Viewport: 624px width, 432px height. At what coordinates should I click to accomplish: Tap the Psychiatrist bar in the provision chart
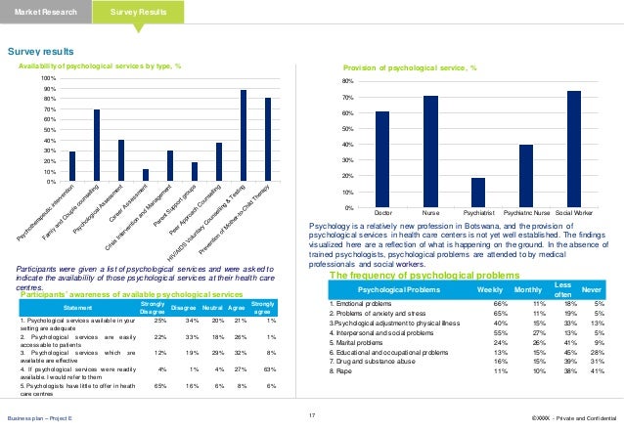477,193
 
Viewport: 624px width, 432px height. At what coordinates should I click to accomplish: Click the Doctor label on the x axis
382,212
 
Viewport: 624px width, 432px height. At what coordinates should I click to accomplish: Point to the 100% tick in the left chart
48,76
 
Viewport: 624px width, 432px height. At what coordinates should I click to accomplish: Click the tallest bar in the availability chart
244,136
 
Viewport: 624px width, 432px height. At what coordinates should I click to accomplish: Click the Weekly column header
490,291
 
